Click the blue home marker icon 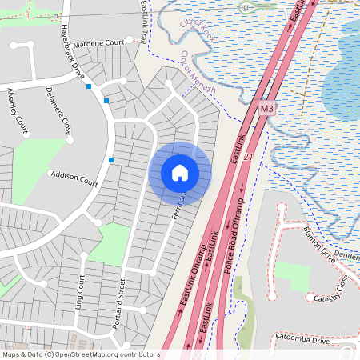pos(180,173)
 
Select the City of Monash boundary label pos(198,72)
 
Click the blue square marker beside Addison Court pos(110,160)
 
